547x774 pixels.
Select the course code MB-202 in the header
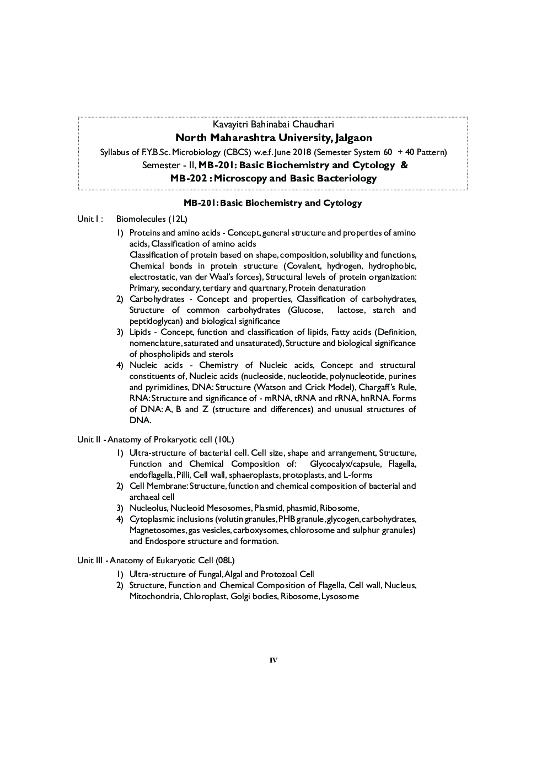click(190, 178)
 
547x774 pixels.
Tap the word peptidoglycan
click(156, 321)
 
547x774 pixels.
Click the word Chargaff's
click(376, 387)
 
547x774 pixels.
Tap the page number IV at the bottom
click(273, 660)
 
